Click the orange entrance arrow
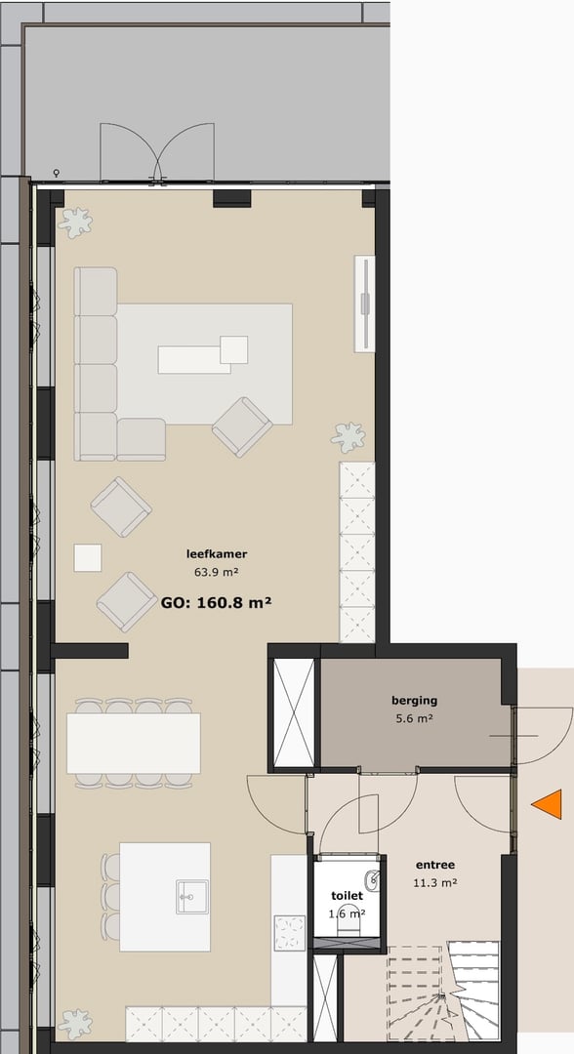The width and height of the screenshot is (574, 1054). pos(549,804)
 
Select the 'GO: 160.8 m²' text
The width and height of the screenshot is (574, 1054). pos(215,603)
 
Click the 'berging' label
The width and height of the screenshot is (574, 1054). pos(414,700)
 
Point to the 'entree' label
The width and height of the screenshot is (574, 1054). pos(434,865)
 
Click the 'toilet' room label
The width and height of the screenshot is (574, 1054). pos(347,895)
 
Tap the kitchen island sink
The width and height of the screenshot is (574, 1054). pos(191,896)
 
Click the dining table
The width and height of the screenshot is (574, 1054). pos(134,743)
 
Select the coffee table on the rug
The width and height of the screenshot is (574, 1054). pos(195,358)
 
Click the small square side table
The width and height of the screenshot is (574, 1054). pos(88,557)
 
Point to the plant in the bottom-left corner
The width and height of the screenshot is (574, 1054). pos(75,1024)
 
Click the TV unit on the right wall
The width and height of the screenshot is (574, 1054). pos(364,303)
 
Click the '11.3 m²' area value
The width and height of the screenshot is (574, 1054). pos(436,883)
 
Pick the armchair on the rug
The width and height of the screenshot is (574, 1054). pos(242,426)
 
